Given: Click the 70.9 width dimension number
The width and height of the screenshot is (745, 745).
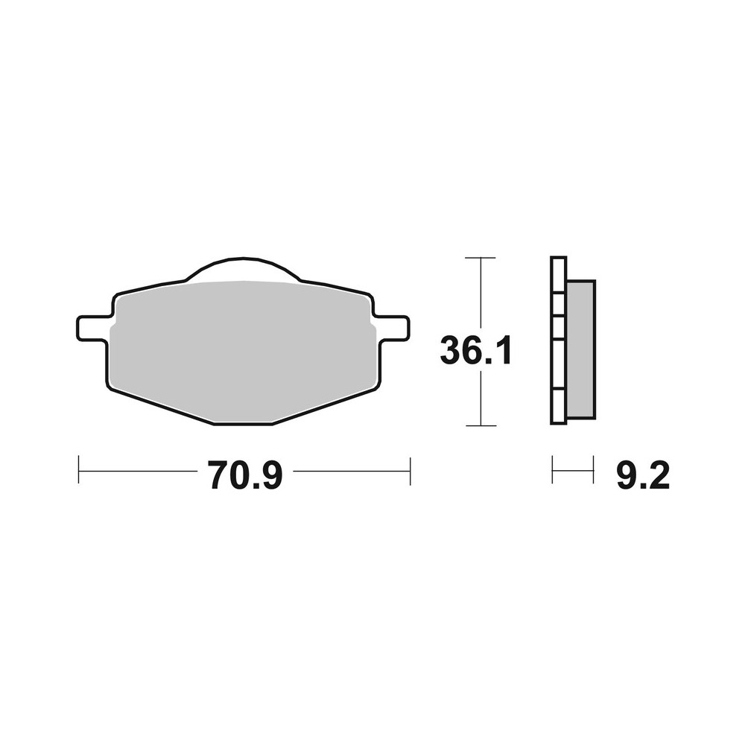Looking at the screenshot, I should (244, 475).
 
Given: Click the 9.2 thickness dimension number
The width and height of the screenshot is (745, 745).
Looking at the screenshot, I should (643, 475).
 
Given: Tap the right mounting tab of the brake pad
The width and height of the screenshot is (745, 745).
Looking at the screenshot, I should (392, 326).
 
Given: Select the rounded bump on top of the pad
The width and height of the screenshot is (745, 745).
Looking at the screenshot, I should (243, 270).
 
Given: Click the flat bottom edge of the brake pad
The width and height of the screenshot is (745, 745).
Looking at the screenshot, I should (243, 423).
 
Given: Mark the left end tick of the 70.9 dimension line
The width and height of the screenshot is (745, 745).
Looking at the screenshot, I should (79, 471).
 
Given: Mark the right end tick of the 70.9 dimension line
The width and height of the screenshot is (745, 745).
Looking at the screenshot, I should (410, 471).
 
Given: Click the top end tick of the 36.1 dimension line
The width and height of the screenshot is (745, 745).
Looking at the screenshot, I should (481, 258).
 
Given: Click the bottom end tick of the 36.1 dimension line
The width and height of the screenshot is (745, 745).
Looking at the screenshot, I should (481, 425).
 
